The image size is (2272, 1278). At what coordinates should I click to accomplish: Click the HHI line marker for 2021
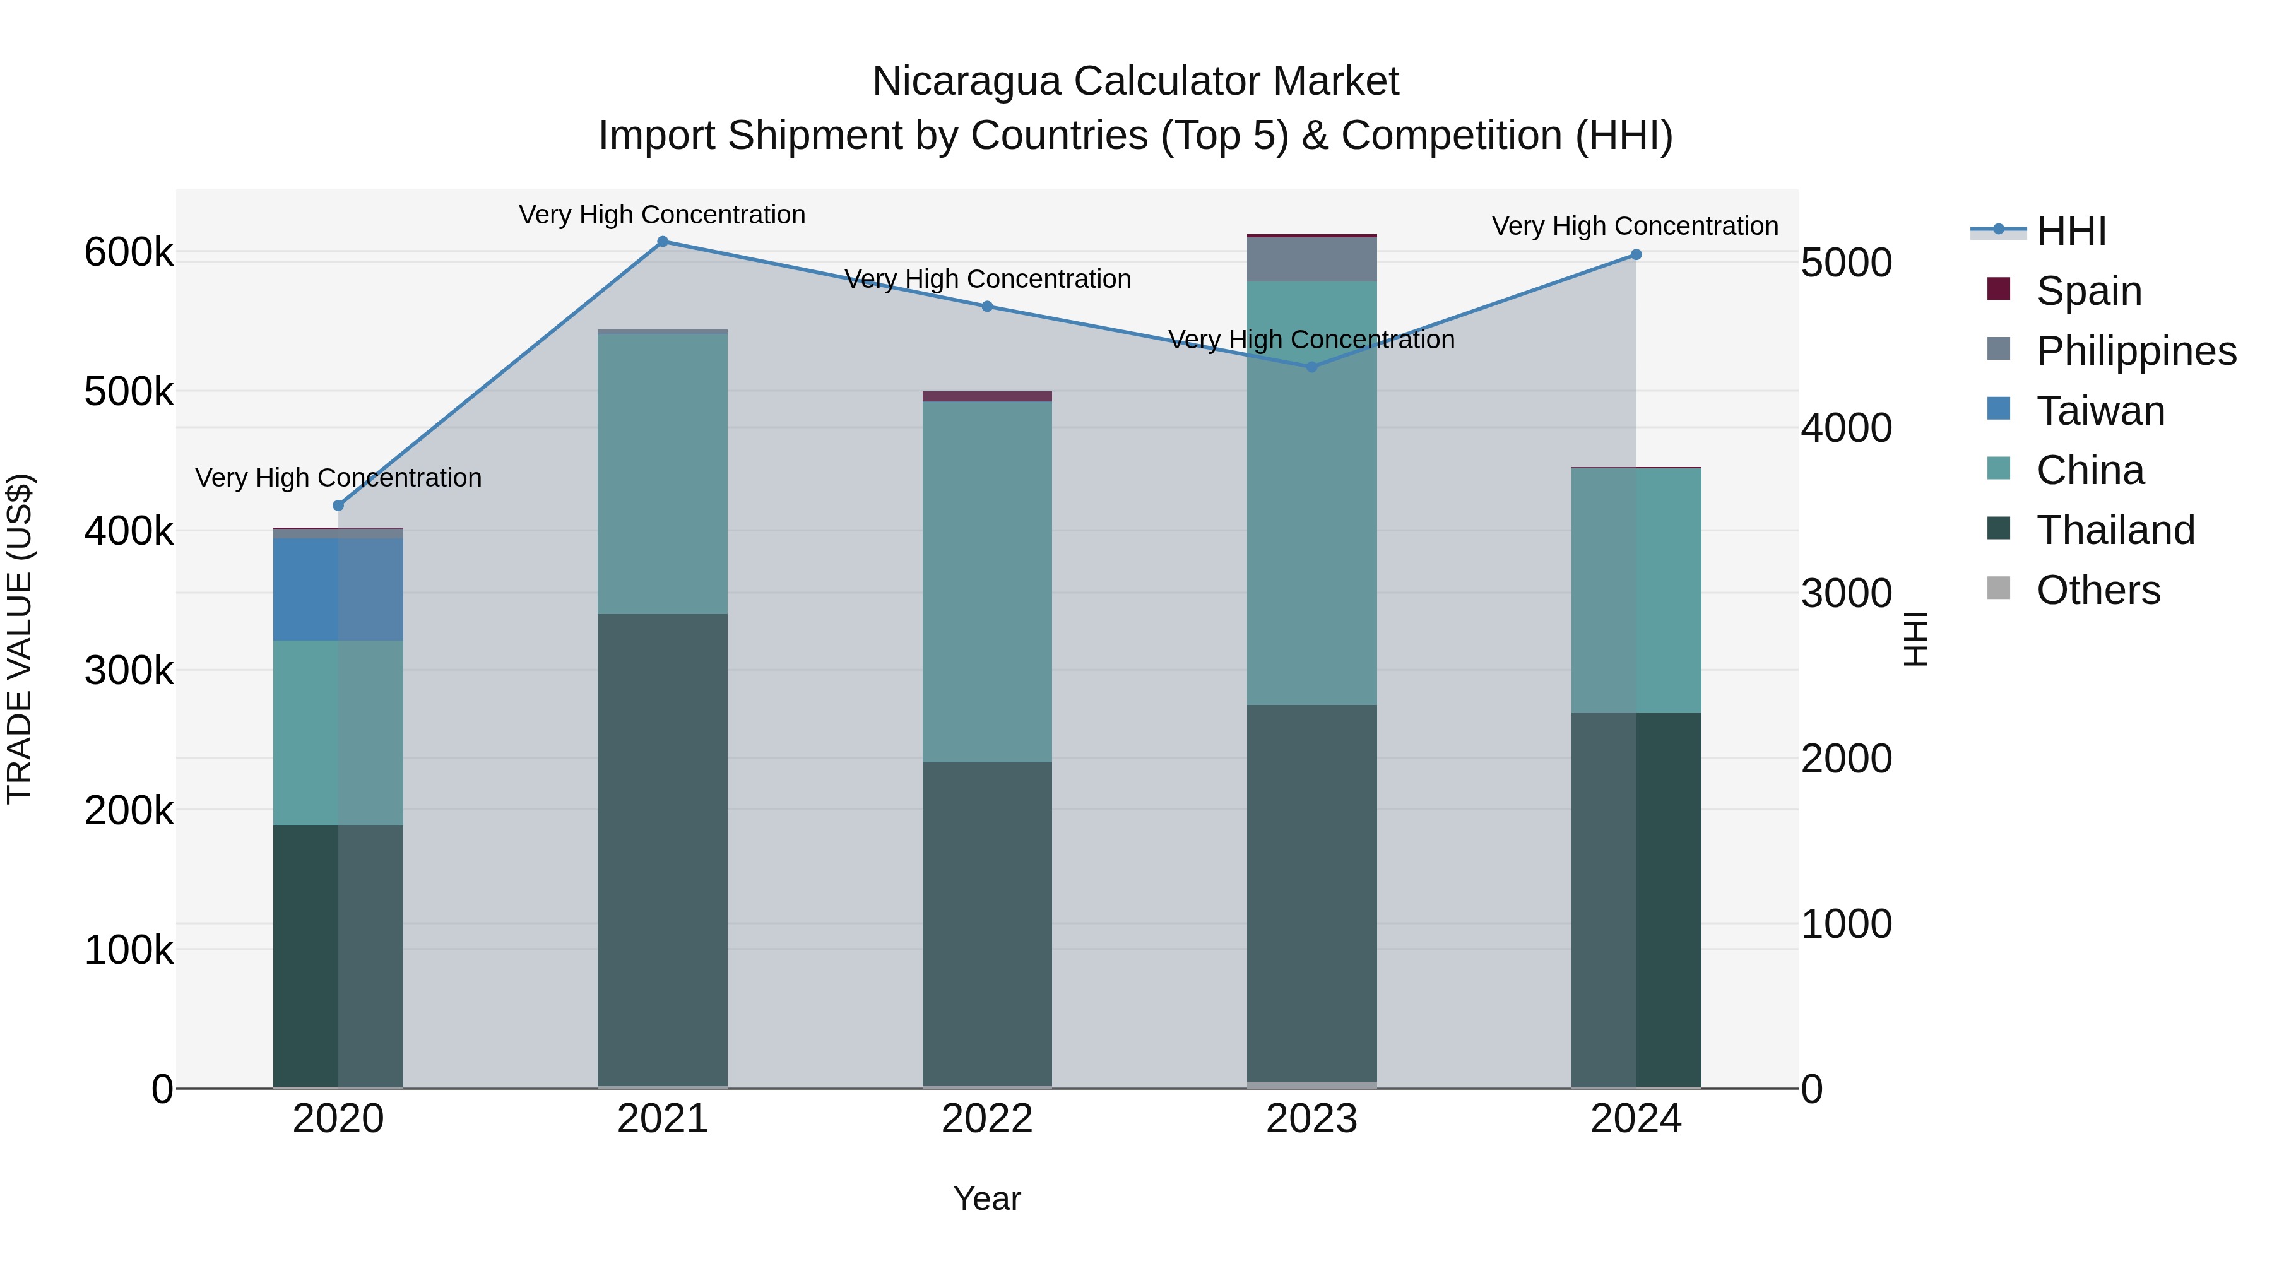click(663, 242)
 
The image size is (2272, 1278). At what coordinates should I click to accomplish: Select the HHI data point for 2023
click(1311, 367)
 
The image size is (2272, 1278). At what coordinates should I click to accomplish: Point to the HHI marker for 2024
click(1636, 255)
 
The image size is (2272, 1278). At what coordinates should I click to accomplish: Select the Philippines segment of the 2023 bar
click(1311, 259)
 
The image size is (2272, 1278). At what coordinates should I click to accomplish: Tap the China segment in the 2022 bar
click(987, 582)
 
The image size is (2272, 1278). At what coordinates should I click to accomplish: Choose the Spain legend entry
click(2088, 291)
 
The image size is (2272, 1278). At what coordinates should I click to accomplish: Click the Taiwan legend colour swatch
click(1999, 409)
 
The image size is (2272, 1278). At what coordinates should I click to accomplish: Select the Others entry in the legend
click(2097, 590)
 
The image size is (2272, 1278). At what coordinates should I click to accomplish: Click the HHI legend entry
click(2071, 231)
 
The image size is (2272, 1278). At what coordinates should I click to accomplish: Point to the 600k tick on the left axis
click(129, 253)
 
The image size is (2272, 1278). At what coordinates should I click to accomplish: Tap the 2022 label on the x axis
click(987, 1119)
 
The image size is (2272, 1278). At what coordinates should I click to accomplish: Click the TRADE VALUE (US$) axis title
click(20, 639)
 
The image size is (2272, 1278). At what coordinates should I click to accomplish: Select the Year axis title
click(987, 1198)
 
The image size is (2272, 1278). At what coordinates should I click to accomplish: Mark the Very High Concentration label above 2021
click(663, 215)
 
